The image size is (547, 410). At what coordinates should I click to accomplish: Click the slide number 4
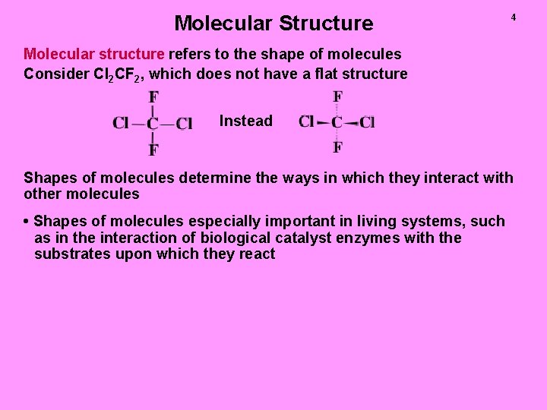[x=513, y=17]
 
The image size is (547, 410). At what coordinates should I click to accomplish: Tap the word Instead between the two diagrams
[x=245, y=121]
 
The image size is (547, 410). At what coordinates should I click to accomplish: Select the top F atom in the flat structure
[x=153, y=98]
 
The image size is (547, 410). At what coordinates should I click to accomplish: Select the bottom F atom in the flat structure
[x=153, y=150]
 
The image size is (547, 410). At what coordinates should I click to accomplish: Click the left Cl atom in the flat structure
[x=120, y=123]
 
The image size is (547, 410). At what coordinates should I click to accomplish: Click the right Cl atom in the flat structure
[x=184, y=123]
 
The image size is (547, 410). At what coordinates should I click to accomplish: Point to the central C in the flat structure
[x=153, y=123]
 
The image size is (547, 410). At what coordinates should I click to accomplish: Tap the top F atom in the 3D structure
[x=337, y=96]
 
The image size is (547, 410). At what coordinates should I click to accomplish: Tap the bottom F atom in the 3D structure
[x=337, y=147]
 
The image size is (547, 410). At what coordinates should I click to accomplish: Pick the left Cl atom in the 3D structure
[x=306, y=121]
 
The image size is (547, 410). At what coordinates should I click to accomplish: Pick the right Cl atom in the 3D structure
[x=368, y=122]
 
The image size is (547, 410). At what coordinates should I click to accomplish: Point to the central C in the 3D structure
[x=337, y=121]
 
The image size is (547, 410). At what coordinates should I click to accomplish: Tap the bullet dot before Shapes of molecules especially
[x=27, y=222]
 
